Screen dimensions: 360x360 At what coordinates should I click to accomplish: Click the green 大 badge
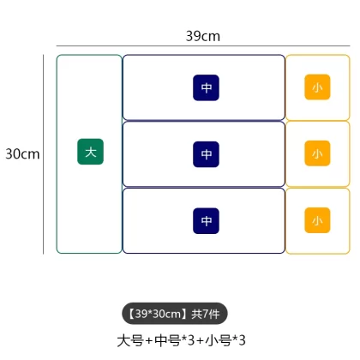tap(90, 152)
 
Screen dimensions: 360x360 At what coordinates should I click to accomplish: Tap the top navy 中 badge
tap(206, 87)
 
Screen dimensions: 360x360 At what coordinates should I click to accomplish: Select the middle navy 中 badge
tap(206, 154)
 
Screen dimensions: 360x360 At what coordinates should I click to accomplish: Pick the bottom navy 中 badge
tap(206, 221)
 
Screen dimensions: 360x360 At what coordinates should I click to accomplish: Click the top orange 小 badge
tap(317, 87)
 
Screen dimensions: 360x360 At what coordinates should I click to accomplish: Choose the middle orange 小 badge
tap(317, 153)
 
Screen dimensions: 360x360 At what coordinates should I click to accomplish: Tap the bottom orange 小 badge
tap(317, 220)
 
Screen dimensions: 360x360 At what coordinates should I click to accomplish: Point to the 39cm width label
tap(203, 36)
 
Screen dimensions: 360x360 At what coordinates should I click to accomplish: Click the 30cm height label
tap(22, 154)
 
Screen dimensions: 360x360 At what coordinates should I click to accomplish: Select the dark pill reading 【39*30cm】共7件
tap(175, 314)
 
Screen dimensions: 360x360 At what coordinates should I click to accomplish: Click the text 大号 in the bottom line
tap(130, 340)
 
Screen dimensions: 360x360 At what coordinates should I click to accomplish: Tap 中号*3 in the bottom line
tap(174, 340)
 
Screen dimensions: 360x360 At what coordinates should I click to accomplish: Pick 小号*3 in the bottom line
tap(225, 340)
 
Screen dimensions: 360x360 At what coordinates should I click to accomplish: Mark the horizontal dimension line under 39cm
tap(203, 45)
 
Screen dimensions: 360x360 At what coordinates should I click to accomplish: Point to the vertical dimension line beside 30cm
tap(44, 154)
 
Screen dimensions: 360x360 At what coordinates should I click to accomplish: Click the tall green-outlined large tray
tap(57, 154)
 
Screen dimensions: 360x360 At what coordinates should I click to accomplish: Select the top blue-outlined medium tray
tap(204, 55)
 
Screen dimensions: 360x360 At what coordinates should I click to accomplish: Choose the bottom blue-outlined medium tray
tap(204, 253)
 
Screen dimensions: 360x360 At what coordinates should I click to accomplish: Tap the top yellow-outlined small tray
tap(318, 55)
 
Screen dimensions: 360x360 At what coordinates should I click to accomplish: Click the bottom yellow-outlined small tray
tap(318, 254)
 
